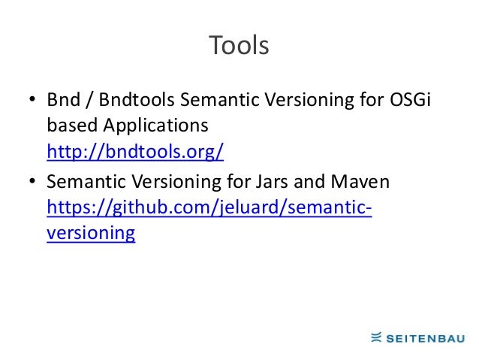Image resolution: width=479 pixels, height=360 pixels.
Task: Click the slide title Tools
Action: click(x=239, y=47)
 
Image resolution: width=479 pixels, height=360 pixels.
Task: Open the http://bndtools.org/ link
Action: click(x=135, y=153)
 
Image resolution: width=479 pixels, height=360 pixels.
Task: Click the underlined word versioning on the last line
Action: click(x=91, y=234)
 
